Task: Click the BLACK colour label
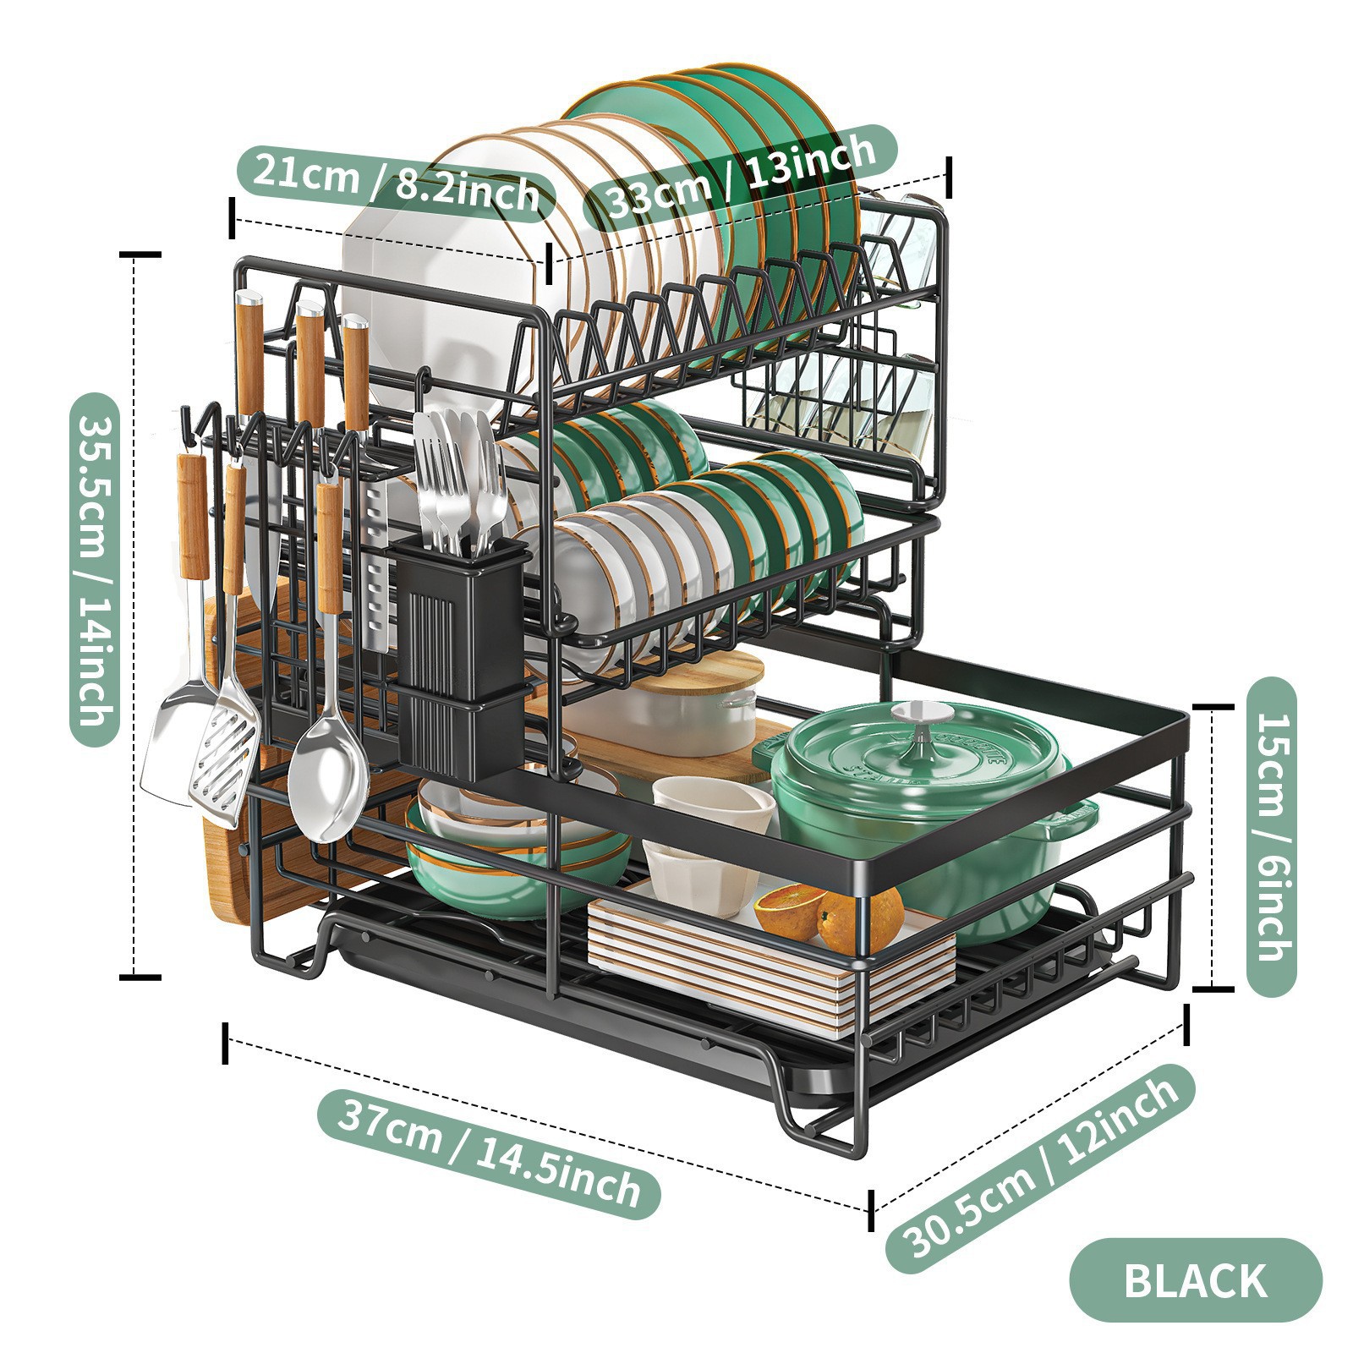point(1194,1280)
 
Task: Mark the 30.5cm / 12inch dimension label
point(1039,1167)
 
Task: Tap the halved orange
point(791,910)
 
